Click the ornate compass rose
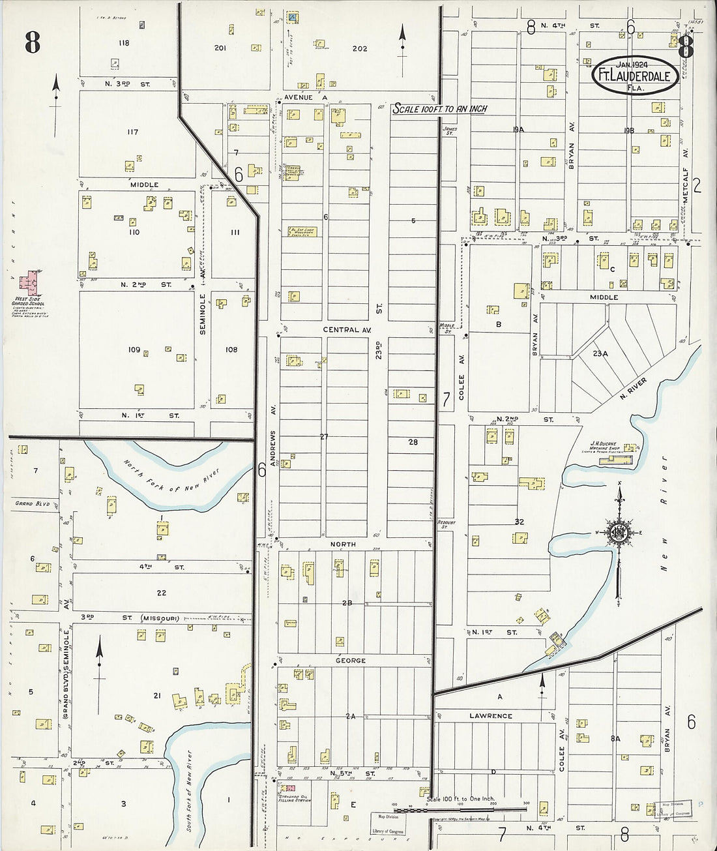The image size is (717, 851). click(x=618, y=532)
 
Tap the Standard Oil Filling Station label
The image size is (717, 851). click(x=294, y=799)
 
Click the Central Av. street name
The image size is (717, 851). click(x=347, y=331)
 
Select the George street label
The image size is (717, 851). click(x=351, y=661)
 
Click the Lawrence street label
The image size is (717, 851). click(x=491, y=716)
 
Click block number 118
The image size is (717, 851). click(x=124, y=43)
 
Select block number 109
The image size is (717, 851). click(x=134, y=350)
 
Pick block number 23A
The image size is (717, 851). click(x=600, y=353)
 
